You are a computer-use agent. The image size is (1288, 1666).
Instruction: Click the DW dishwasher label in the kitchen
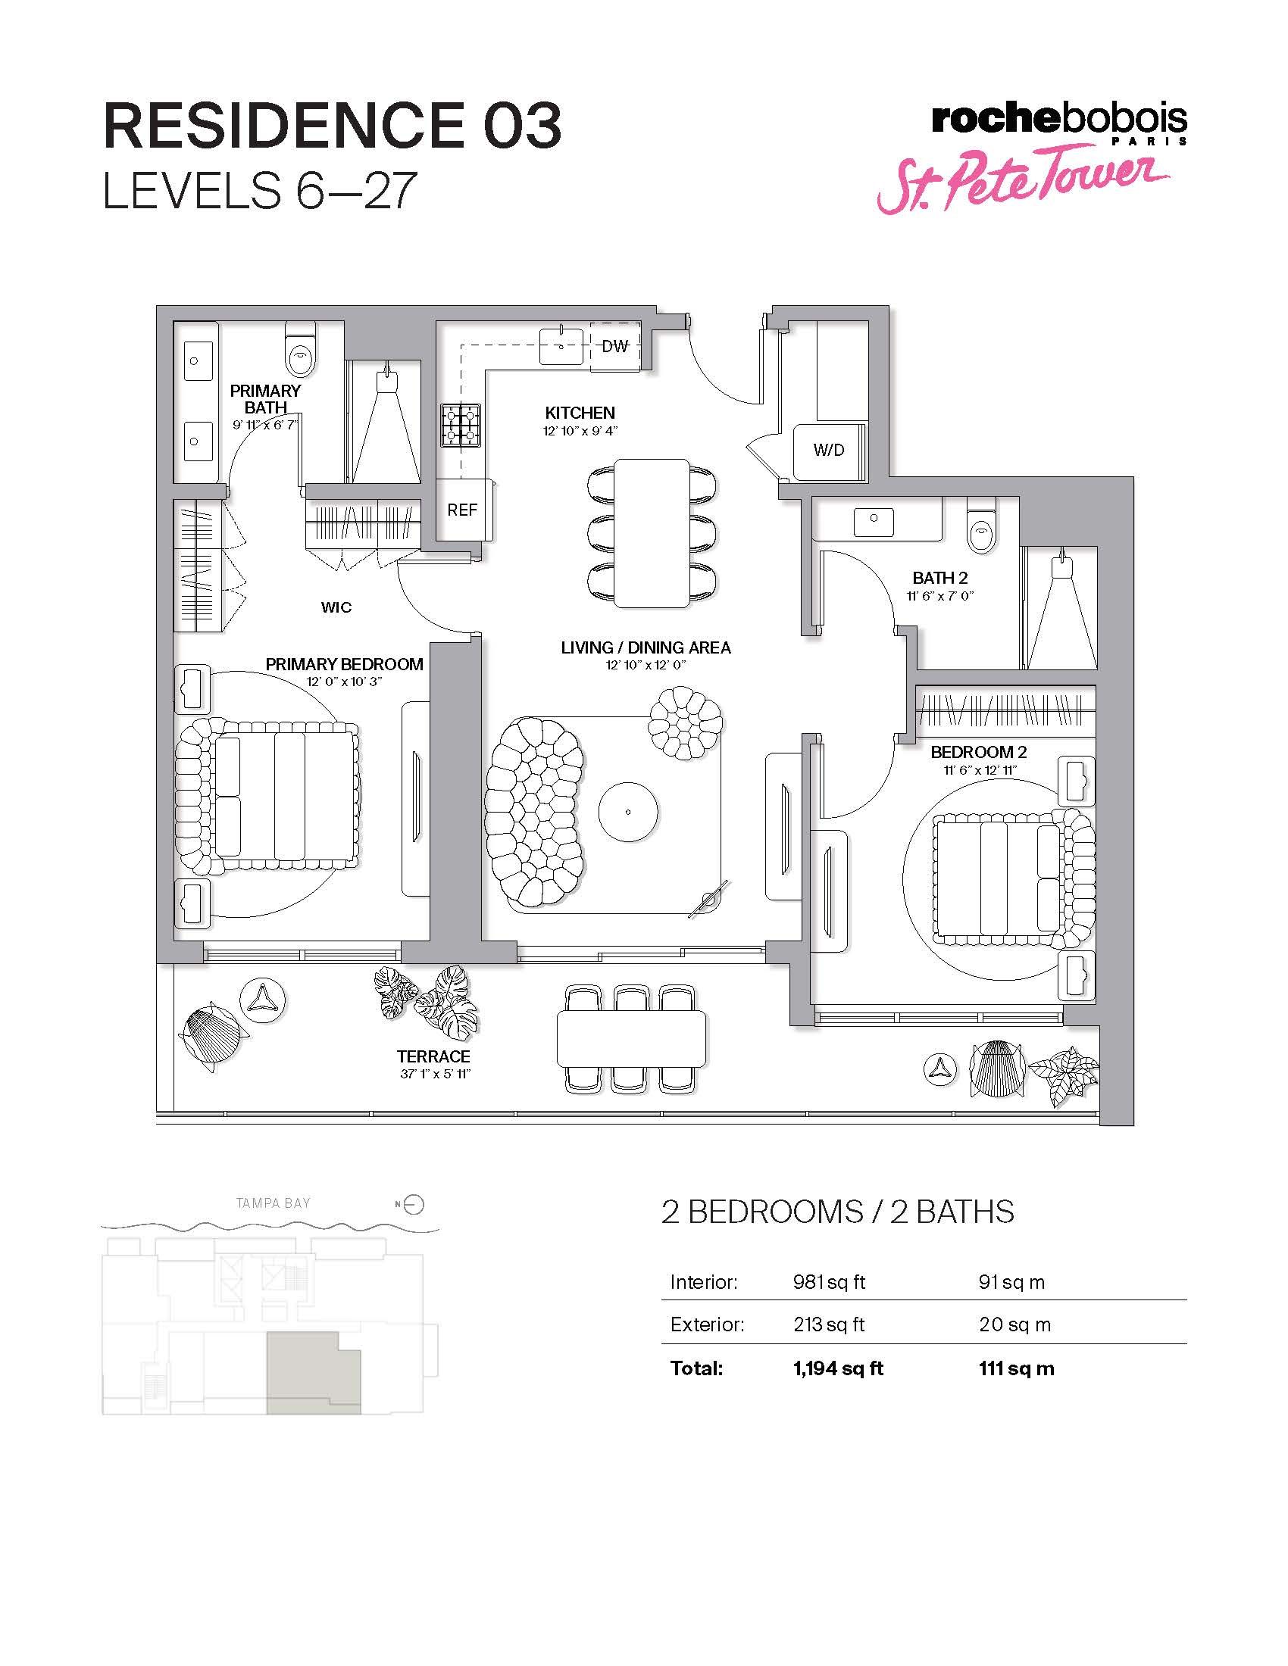pyautogui.click(x=615, y=346)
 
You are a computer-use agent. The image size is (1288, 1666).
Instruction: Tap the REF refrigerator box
pyautogui.click(x=462, y=510)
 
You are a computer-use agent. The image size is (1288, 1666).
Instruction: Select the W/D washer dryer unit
pyautogui.click(x=829, y=450)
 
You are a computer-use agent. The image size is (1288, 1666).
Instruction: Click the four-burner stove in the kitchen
pyautogui.click(x=461, y=425)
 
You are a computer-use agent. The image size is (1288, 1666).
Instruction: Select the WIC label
pyautogui.click(x=336, y=607)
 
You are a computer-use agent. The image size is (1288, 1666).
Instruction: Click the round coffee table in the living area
pyautogui.click(x=628, y=812)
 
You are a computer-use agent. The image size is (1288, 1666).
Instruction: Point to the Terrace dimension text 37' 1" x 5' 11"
pyautogui.click(x=433, y=1074)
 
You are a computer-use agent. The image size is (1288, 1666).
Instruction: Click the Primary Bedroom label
pyautogui.click(x=344, y=663)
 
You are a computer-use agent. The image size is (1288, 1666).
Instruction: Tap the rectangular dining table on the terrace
pyautogui.click(x=631, y=1038)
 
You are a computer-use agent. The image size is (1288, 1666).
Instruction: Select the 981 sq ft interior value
pyautogui.click(x=829, y=1281)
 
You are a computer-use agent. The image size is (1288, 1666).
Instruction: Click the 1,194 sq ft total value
pyautogui.click(x=838, y=1368)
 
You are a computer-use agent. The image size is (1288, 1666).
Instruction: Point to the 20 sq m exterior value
pyautogui.click(x=1014, y=1324)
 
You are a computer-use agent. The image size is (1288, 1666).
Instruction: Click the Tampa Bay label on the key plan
pyautogui.click(x=274, y=1203)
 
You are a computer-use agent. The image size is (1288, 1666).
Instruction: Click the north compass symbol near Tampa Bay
pyautogui.click(x=413, y=1205)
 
